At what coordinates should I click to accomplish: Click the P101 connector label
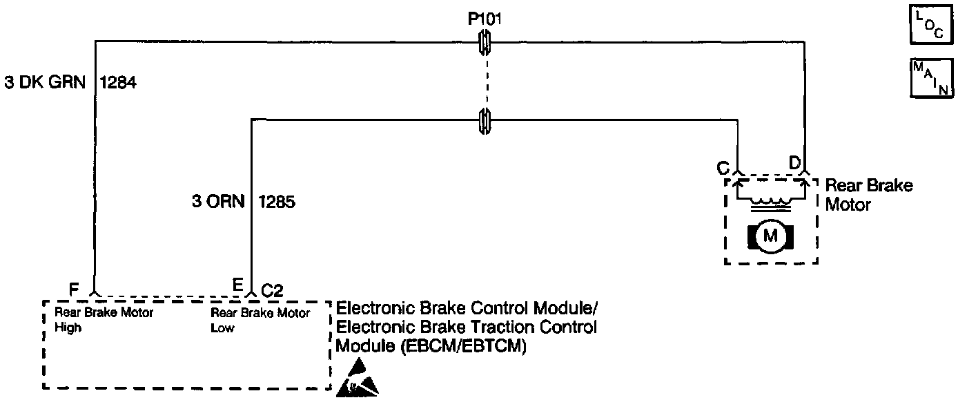pyautogui.click(x=485, y=19)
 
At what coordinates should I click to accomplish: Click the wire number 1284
pyautogui.click(x=119, y=83)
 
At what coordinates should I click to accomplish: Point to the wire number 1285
pyautogui.click(x=277, y=202)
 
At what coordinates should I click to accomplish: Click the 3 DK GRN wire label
pyautogui.click(x=44, y=83)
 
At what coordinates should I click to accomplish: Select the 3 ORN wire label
pyautogui.click(x=217, y=202)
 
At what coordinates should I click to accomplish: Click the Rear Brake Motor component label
pyautogui.click(x=868, y=195)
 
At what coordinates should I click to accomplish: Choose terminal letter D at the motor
pyautogui.click(x=794, y=164)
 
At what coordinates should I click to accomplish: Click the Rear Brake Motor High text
pyautogui.click(x=104, y=320)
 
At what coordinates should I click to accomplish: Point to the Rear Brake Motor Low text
pyautogui.click(x=260, y=320)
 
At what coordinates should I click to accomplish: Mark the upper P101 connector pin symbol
pyautogui.click(x=485, y=46)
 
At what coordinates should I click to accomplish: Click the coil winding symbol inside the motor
pyautogui.click(x=770, y=202)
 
